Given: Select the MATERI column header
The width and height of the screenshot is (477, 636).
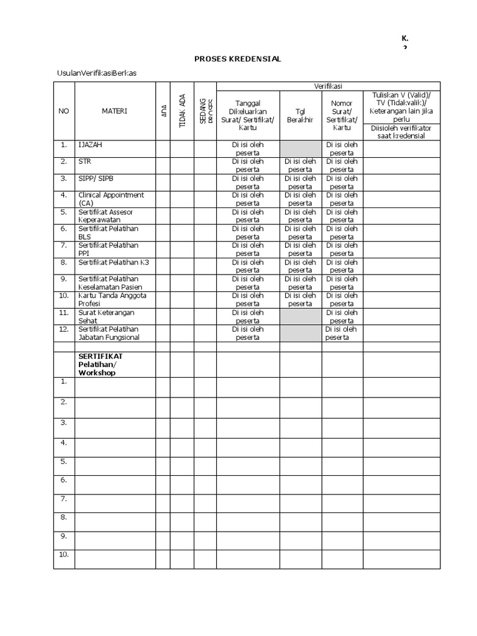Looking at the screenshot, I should point(114,111).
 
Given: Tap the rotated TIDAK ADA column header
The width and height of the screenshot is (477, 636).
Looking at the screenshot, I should point(182,111).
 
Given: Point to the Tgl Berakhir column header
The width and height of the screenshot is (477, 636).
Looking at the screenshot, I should point(301,116).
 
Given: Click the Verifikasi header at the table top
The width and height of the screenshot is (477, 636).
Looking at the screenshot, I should point(327,86).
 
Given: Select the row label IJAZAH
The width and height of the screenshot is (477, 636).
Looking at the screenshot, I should point(91,145).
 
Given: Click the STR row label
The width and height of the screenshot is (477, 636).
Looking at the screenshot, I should point(84,161).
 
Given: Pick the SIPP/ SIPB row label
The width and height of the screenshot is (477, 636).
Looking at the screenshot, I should point(96,178).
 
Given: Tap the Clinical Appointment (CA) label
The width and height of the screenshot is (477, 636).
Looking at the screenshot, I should point(111,199).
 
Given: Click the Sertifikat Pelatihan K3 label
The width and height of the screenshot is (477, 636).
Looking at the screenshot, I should point(113,262).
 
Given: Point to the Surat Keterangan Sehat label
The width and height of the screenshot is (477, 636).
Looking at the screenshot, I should point(106,316).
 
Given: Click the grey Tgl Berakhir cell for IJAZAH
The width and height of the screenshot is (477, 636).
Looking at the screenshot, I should point(301,148).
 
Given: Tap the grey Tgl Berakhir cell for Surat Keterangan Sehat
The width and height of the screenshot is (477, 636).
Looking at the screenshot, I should point(301,316).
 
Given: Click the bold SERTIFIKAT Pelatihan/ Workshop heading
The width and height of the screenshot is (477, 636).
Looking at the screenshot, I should point(100,365).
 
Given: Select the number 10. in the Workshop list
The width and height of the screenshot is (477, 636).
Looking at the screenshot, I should point(63,554).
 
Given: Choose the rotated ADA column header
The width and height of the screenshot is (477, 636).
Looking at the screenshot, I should point(163,111).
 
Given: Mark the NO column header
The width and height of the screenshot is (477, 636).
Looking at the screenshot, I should point(63,111).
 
